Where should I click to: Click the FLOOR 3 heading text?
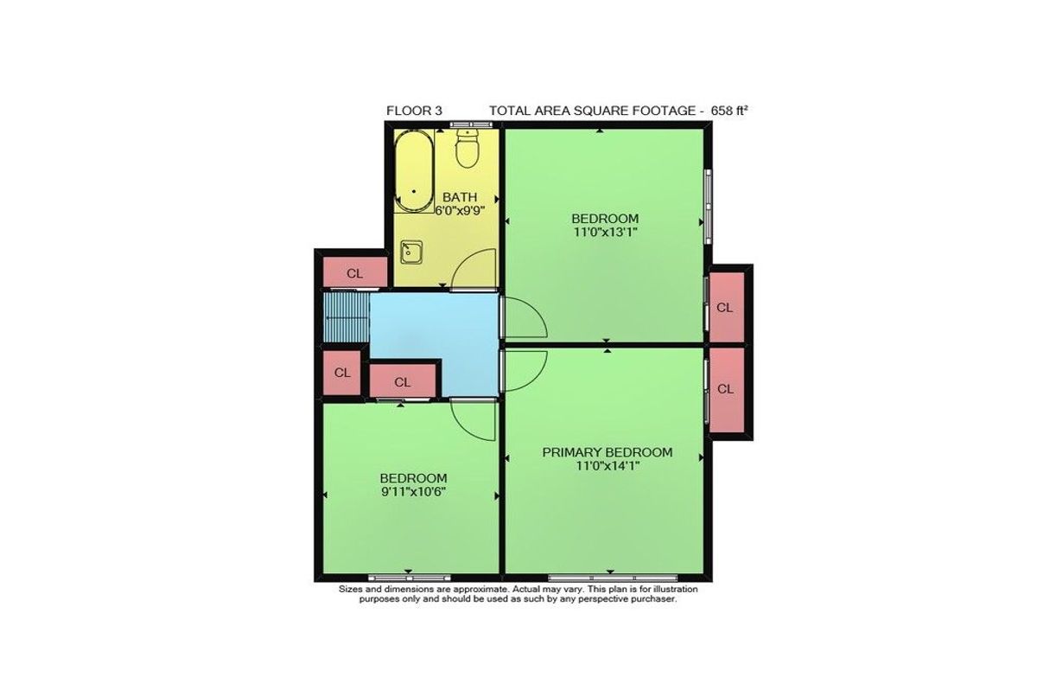point(414,111)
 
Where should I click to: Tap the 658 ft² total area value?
point(729,111)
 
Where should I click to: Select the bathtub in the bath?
point(414,171)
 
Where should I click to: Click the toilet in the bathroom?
point(468,149)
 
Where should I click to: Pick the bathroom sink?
point(411,252)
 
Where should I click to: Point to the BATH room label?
point(460,197)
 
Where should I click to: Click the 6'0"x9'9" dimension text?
point(460,211)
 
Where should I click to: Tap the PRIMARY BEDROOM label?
point(608,452)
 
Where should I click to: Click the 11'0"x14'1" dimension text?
point(608,466)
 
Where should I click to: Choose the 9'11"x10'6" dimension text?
point(413,492)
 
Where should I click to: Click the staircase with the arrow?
point(347,317)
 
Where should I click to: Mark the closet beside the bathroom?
point(354,272)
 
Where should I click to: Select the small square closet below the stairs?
point(341,373)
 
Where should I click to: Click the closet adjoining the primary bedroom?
point(727,390)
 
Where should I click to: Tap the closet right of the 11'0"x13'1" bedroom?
point(727,308)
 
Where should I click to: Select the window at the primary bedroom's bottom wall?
point(613,578)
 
